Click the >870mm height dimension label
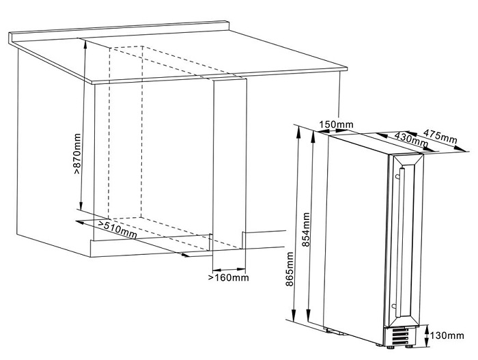77,154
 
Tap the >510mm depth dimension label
117,229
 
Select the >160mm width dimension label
229,277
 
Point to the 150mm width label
336,124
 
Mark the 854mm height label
306,230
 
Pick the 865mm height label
290,269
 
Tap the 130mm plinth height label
447,335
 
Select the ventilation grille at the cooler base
399,336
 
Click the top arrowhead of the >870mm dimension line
85,44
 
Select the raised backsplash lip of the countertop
119,27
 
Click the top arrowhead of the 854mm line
313,137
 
